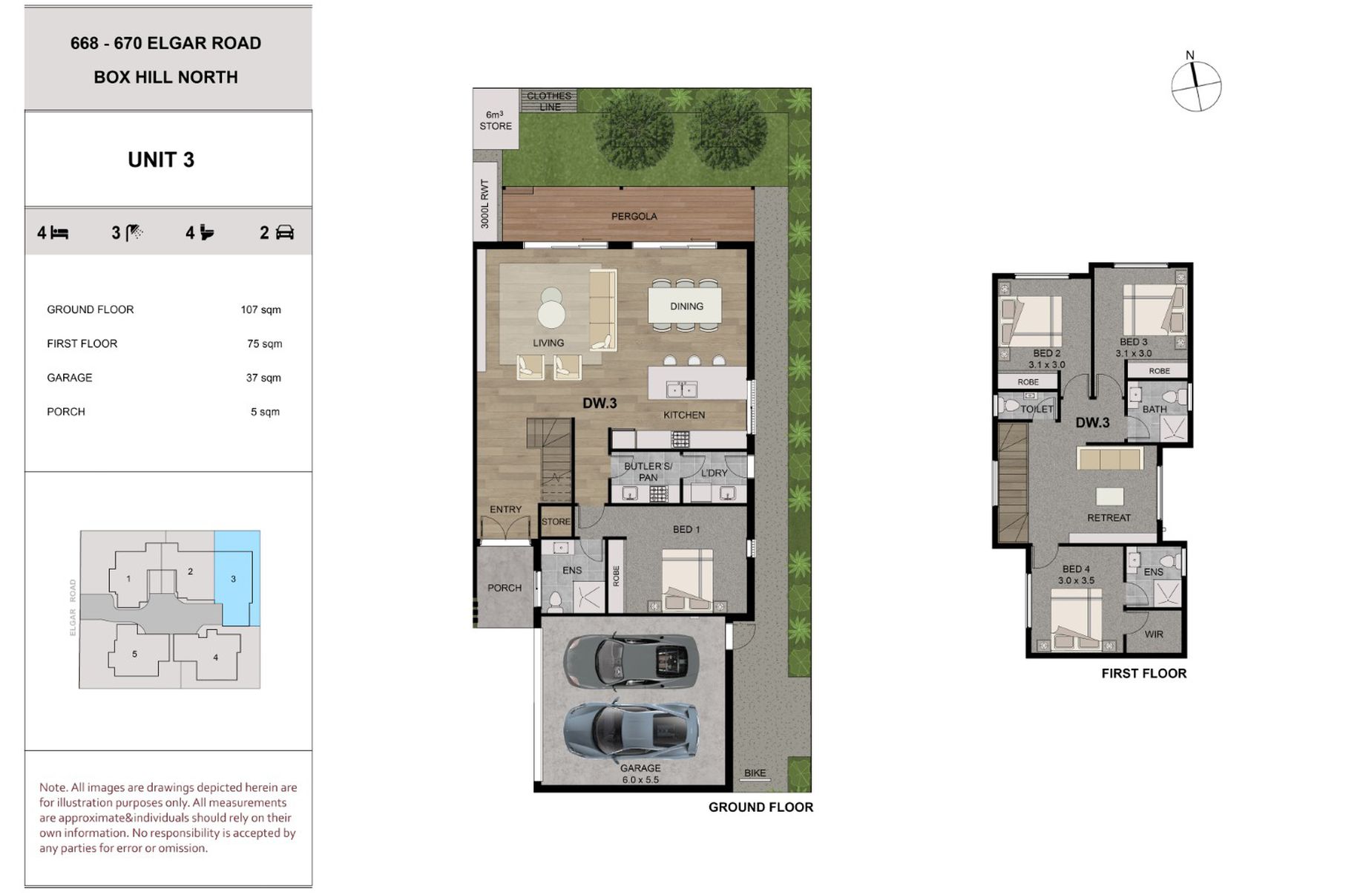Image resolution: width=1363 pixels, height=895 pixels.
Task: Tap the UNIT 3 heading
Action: point(161,160)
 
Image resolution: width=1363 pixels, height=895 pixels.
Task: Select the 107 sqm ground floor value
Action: point(260,309)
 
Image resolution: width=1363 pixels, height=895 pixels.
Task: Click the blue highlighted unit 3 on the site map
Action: point(237,578)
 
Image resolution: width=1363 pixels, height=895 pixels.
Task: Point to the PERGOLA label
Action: point(634,217)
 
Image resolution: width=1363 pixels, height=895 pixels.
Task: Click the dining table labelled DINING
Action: point(686,306)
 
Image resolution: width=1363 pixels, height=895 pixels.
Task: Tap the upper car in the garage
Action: point(631,660)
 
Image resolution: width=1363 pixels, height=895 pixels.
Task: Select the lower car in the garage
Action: point(631,729)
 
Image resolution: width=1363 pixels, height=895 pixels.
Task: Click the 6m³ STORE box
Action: point(496,119)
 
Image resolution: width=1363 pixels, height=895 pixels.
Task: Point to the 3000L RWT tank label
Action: point(485,204)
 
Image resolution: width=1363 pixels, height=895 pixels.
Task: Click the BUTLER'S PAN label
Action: point(648,472)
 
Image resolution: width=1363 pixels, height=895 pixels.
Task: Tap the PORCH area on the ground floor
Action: point(505,586)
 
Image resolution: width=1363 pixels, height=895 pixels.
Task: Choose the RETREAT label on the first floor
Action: point(1109,518)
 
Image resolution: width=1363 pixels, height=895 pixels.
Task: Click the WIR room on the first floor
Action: point(1153,633)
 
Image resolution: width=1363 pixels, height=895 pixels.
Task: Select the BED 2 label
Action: point(1046,353)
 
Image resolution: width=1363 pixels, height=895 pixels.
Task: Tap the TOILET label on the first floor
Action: point(1037,409)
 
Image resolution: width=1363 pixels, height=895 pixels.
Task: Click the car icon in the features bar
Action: point(285,233)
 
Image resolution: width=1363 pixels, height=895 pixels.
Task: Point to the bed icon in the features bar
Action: point(59,233)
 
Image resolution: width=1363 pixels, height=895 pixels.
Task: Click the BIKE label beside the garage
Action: point(755,773)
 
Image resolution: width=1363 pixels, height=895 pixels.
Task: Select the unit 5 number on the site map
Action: point(134,654)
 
